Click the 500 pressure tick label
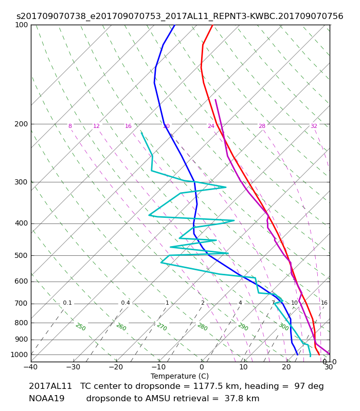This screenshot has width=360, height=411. point(21,255)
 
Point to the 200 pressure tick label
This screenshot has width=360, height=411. point(21,124)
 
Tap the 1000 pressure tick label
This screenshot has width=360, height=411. point(19,354)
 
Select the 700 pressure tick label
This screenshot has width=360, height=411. point(21,304)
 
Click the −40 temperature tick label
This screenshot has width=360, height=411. point(31,367)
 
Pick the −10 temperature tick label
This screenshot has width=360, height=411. point(159,367)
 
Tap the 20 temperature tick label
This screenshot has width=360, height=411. point(286,367)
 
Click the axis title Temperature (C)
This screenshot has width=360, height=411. point(179,376)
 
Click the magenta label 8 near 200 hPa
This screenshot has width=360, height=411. point(70,126)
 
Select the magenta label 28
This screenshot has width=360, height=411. point(262,126)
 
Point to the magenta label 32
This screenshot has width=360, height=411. point(314,126)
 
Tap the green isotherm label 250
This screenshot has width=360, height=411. point(81,327)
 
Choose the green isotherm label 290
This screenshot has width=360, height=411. point(243,327)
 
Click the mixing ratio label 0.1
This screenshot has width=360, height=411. point(67,303)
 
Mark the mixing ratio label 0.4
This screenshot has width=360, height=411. point(125,303)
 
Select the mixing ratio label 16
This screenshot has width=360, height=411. point(324,303)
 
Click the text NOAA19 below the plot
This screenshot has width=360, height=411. point(46,399)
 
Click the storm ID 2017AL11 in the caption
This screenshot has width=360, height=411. point(50,386)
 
